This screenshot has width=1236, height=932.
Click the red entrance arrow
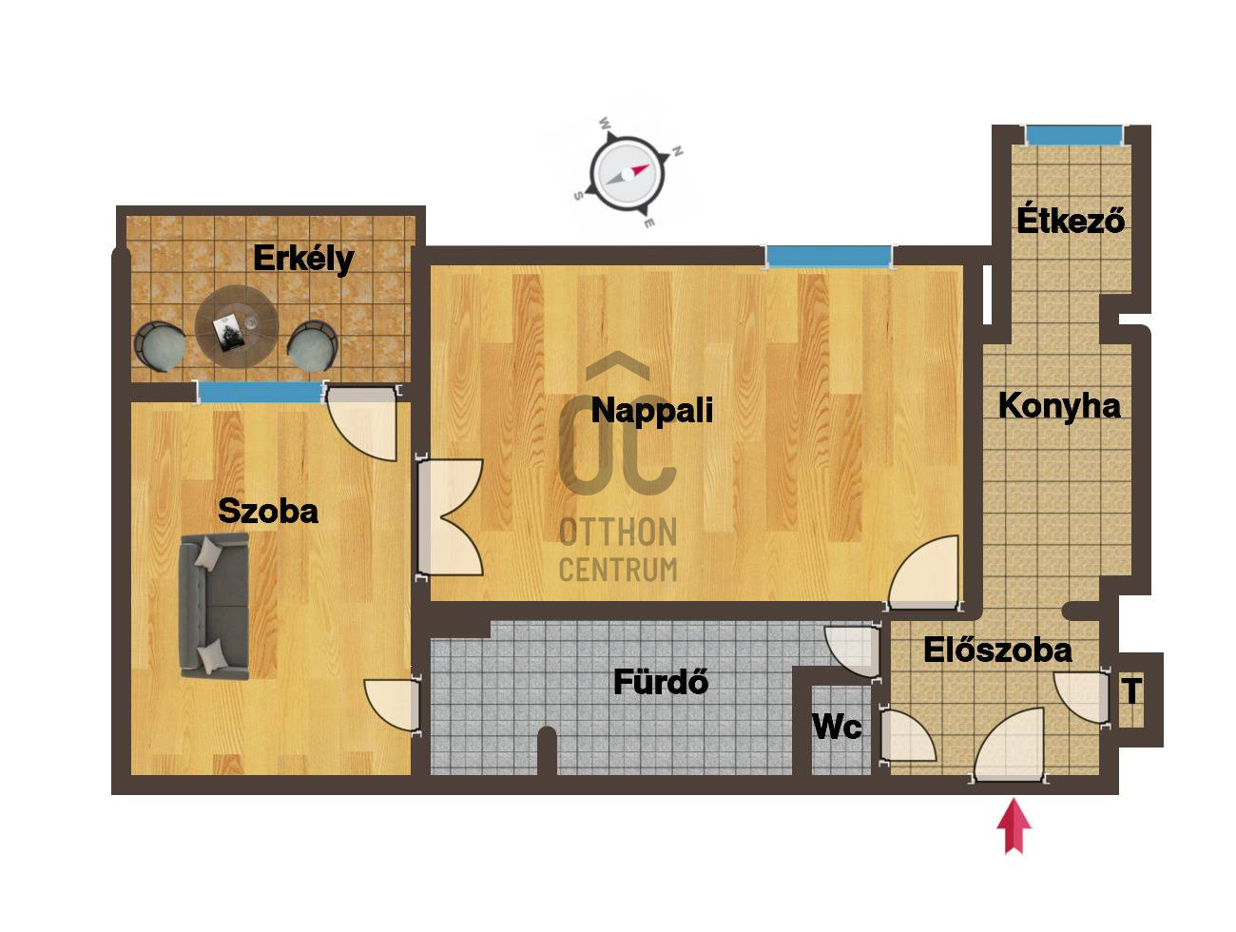click(1014, 825)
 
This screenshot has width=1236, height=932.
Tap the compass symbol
click(627, 173)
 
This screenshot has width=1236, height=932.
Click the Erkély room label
click(303, 259)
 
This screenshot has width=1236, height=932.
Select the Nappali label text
click(652, 410)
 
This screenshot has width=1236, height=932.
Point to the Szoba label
click(267, 511)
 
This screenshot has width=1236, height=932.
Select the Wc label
click(837, 727)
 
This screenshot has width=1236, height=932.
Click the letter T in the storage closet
click(1132, 690)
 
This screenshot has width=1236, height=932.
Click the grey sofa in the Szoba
click(213, 606)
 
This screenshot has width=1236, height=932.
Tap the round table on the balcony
click(236, 327)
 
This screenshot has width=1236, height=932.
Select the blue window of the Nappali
click(828, 257)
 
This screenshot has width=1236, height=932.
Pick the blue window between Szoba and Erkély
click(261, 392)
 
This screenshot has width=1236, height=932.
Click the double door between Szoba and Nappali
click(450, 517)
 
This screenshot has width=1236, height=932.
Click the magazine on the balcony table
click(227, 333)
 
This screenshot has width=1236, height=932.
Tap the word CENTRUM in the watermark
click(618, 570)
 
